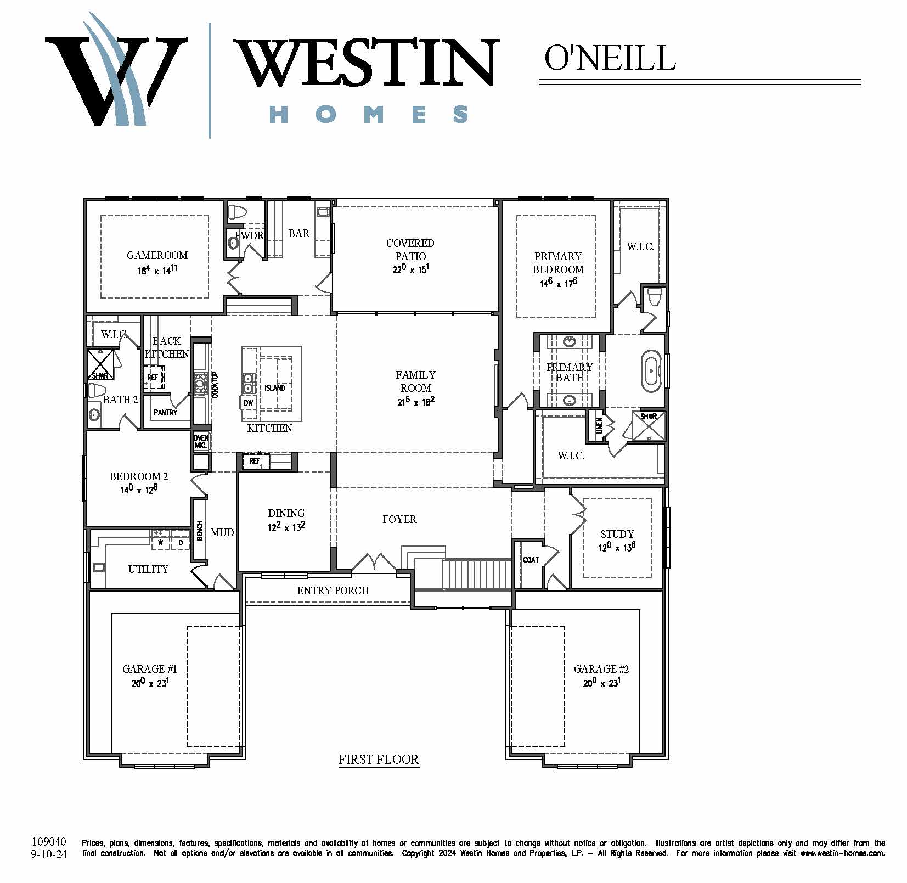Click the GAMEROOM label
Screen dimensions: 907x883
(x=157, y=255)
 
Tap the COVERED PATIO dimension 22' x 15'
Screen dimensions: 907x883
(x=410, y=269)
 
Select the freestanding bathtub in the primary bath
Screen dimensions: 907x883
(x=651, y=370)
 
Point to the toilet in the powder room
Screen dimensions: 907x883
(x=238, y=212)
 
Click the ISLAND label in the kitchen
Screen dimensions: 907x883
(x=275, y=388)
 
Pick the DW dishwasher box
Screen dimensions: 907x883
(x=248, y=403)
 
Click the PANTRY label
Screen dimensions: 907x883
(x=166, y=412)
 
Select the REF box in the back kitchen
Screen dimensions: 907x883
(x=153, y=377)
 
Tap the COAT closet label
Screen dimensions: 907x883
(x=531, y=560)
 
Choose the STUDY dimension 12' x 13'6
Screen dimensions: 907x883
(x=617, y=547)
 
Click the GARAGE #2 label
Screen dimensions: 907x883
(x=601, y=669)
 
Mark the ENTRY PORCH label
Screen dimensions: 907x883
(x=333, y=590)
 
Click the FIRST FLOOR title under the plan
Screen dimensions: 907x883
(x=379, y=760)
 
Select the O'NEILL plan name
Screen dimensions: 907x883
(x=610, y=58)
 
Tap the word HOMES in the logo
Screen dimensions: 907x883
(x=369, y=114)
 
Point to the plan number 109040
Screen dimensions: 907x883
(x=49, y=841)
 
